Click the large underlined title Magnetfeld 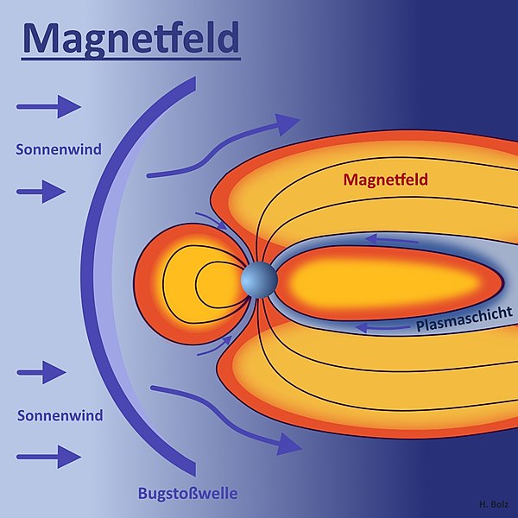pos(131,38)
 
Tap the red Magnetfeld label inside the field pos(386,180)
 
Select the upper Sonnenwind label pos(59,149)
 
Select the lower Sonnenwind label pos(60,415)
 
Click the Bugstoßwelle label pos(187,494)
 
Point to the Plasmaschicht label pos(464,319)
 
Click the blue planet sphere pos(259,280)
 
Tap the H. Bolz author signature pos(494,504)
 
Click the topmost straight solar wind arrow pos(49,107)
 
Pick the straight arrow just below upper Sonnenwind pos(41,192)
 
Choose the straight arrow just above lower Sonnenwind pos(41,372)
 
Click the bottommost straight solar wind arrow pos(49,457)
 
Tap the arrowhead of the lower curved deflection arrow pos(288,445)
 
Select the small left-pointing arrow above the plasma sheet pos(391,239)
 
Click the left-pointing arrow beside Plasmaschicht pos(382,328)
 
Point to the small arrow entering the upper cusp pos(211,221)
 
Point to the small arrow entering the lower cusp pos(214,346)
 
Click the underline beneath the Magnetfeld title pos(131,59)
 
